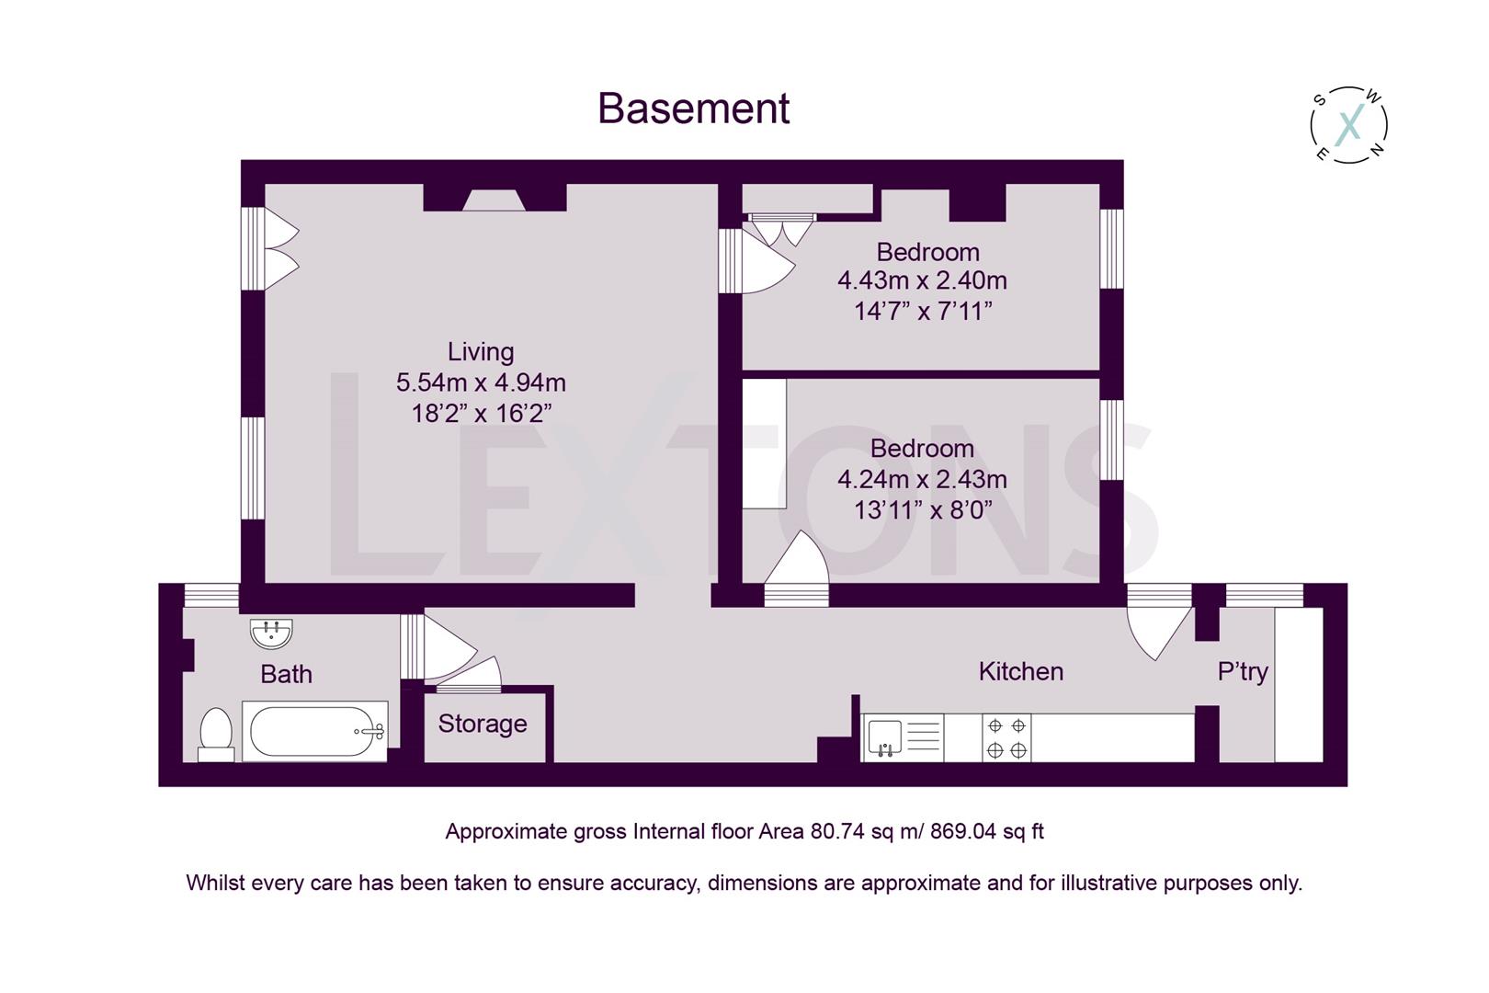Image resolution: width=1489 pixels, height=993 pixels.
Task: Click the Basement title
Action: tap(693, 108)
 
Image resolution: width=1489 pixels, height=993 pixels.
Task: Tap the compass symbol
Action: tap(1347, 125)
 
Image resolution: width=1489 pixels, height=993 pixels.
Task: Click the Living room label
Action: tap(480, 351)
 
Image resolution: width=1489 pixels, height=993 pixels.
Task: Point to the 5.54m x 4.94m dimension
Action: tap(480, 382)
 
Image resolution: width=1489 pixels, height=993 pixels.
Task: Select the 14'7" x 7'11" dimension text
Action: tap(923, 311)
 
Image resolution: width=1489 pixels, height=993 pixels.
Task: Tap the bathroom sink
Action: tap(271, 633)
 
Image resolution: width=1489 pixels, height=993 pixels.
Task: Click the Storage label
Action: tap(482, 724)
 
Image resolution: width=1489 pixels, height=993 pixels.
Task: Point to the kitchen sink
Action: tap(885, 737)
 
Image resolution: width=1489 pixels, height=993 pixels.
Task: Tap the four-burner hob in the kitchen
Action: tap(1006, 737)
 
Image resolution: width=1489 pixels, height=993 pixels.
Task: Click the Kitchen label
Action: tap(1020, 671)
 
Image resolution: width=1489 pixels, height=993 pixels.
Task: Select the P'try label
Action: tap(1242, 671)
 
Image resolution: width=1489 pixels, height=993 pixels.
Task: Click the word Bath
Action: tap(286, 674)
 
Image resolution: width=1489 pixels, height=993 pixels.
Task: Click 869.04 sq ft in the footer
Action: tap(986, 831)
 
